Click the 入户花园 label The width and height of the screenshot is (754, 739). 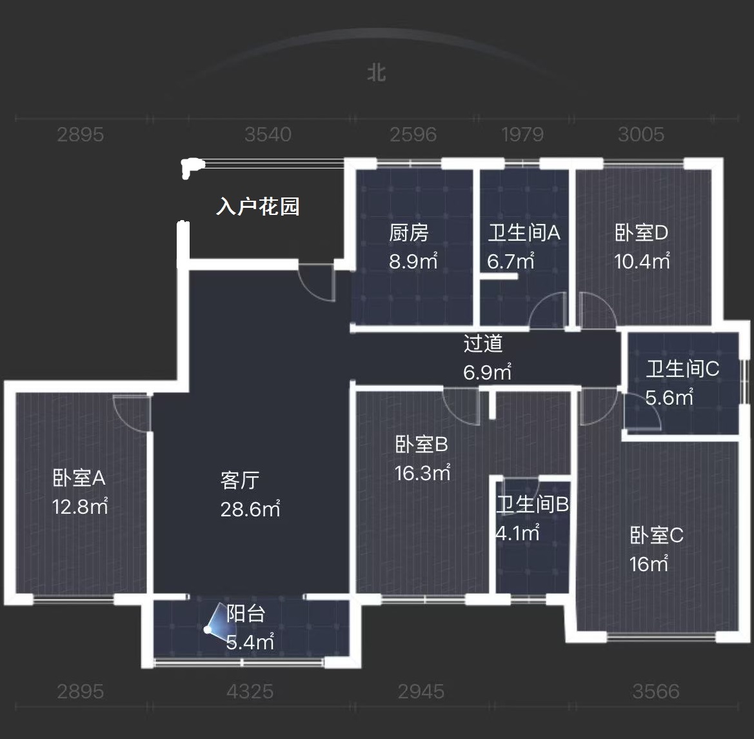pyautogui.click(x=257, y=207)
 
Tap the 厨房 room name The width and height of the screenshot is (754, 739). pyautogui.click(x=408, y=232)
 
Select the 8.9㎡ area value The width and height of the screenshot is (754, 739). pyautogui.click(x=413, y=261)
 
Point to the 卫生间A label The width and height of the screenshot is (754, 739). pyautogui.click(x=524, y=232)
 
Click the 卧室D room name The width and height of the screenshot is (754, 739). pyautogui.click(x=640, y=232)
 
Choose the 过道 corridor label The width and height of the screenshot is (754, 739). pyautogui.click(x=483, y=343)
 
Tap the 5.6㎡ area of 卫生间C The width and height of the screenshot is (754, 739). pyautogui.click(x=669, y=398)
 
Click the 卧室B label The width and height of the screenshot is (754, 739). pyautogui.click(x=421, y=444)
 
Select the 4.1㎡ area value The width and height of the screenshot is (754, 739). pyautogui.click(x=517, y=533)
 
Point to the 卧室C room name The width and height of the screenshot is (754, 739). pyautogui.click(x=656, y=535)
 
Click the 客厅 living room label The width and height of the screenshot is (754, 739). pyautogui.click(x=240, y=480)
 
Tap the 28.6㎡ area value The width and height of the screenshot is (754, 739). pyautogui.click(x=250, y=509)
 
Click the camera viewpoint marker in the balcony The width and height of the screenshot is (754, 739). pyautogui.click(x=208, y=629)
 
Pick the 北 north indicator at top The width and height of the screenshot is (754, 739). pyautogui.click(x=376, y=72)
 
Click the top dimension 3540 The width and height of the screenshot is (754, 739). pyautogui.click(x=268, y=134)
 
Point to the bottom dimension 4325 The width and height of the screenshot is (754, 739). pyautogui.click(x=250, y=691)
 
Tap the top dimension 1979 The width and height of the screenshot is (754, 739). pyautogui.click(x=522, y=134)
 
